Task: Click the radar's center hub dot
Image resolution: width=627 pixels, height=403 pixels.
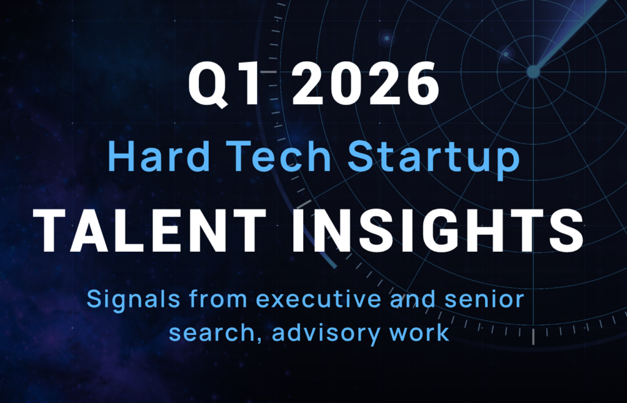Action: tap(533, 72)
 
